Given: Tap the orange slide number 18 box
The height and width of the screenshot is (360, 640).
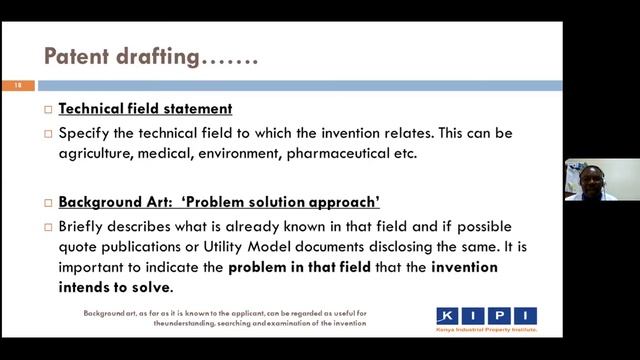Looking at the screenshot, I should (x=17, y=86).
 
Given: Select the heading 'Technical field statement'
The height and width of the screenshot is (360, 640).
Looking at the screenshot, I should (x=145, y=109).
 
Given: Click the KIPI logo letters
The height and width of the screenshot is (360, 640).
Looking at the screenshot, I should (x=486, y=315).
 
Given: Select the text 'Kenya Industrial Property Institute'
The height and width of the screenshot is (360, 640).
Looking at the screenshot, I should (x=487, y=329).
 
